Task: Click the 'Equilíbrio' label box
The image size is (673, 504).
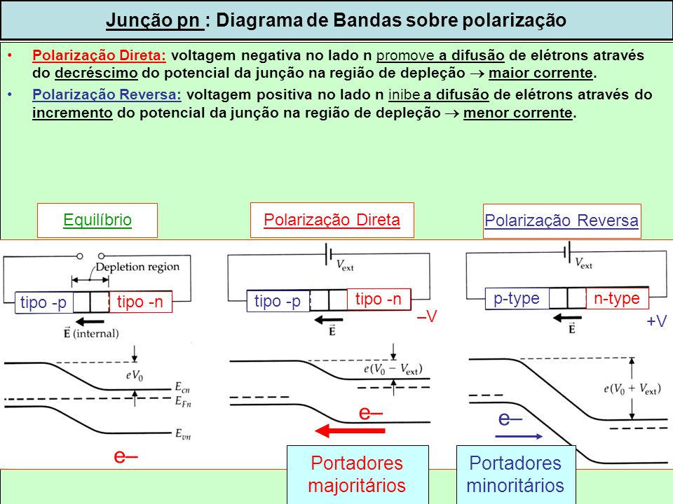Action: click(x=97, y=220)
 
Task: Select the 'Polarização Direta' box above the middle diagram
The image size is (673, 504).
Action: click(x=332, y=220)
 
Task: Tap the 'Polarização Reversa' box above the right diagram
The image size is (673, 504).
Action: click(x=562, y=221)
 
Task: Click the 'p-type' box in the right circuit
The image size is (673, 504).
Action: click(x=517, y=299)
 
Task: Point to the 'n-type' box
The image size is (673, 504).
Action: click(x=617, y=298)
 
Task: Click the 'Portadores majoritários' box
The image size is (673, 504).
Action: click(x=357, y=475)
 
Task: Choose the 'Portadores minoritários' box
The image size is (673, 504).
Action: click(x=515, y=475)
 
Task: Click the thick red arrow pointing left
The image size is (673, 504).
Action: click(x=350, y=430)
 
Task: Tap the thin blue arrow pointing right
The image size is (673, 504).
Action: click(x=519, y=437)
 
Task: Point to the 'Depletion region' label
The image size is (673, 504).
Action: click(x=137, y=267)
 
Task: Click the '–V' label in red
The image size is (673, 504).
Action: click(x=427, y=316)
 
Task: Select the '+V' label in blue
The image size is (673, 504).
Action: click(x=657, y=321)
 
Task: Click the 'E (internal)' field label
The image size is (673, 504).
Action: click(x=91, y=333)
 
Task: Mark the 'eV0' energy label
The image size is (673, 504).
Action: click(x=135, y=376)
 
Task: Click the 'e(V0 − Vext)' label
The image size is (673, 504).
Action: click(x=393, y=369)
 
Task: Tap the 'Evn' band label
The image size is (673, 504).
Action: click(x=183, y=434)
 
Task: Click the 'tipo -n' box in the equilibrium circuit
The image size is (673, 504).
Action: click(x=141, y=302)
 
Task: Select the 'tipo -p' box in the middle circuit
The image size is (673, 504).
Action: click(x=278, y=301)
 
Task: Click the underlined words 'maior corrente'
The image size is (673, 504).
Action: click(x=541, y=73)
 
